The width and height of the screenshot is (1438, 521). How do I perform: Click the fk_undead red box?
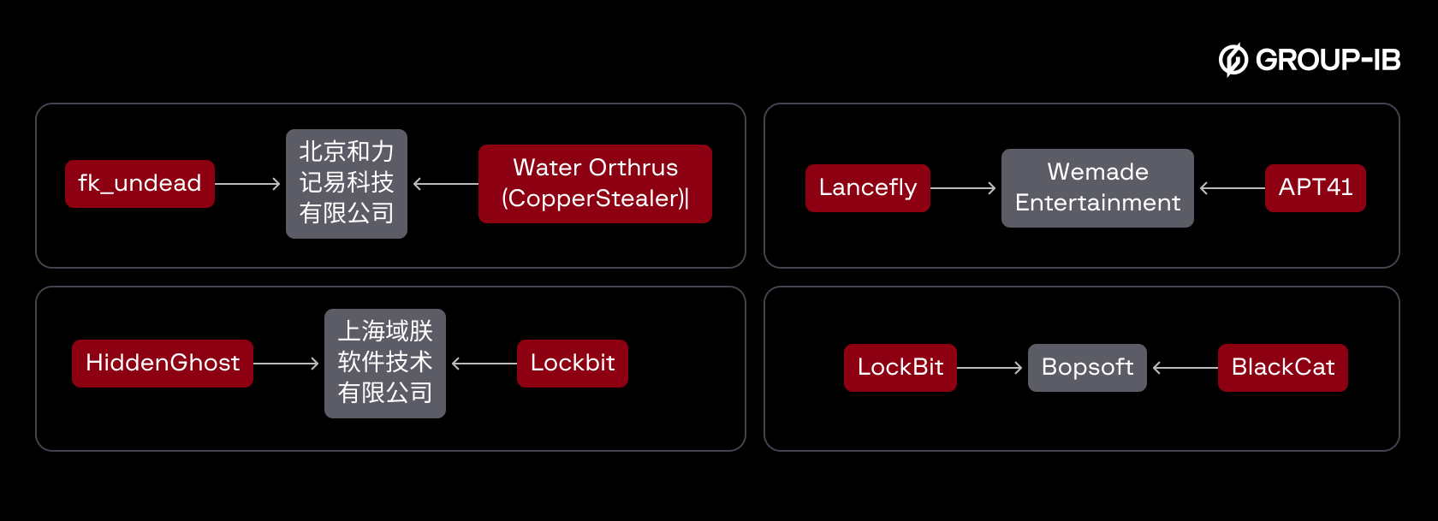point(140,184)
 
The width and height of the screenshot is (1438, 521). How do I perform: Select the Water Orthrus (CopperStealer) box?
point(595,184)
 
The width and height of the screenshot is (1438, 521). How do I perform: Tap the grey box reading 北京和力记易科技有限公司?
point(347,184)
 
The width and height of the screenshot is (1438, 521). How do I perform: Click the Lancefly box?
point(867,188)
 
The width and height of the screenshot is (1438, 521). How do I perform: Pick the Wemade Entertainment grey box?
point(1097,188)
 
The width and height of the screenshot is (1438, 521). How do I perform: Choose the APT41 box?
point(1315,188)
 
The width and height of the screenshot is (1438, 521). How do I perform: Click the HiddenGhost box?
point(163,364)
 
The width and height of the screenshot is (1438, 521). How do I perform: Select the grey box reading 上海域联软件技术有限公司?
point(385,364)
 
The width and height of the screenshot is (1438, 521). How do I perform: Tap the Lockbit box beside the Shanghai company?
point(572,364)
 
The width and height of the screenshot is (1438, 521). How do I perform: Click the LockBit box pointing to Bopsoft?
point(900,368)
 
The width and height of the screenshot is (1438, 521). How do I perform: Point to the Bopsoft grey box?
point(1087,368)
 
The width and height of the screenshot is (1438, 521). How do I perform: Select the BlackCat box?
point(1282,368)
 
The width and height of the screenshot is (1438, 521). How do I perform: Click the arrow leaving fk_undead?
point(248,184)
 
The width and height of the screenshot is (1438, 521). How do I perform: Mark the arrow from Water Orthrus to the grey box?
point(445,184)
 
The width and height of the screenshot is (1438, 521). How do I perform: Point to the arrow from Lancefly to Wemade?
point(964,188)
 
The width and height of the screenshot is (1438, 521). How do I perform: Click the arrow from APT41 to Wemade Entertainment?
point(1233,188)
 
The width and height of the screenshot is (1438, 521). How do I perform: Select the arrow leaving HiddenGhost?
point(287,364)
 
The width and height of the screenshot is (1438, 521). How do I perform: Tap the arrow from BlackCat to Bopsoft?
point(1185,368)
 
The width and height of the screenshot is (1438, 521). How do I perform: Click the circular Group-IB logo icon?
point(1233,60)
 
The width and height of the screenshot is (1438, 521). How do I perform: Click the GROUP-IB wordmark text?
point(1328,60)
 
